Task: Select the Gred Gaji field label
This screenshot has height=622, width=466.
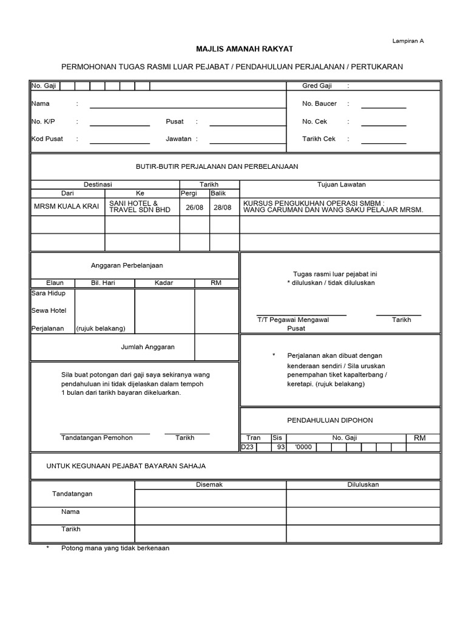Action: (317, 86)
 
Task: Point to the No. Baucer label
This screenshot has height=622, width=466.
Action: (319, 104)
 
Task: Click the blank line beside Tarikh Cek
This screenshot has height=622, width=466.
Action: (383, 142)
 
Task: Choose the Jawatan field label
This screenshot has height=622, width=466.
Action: (179, 139)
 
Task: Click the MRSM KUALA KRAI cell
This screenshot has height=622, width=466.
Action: (67, 207)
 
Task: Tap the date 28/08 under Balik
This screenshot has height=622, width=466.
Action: (223, 207)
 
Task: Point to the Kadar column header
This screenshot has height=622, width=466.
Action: (164, 283)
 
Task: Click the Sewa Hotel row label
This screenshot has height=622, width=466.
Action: (49, 310)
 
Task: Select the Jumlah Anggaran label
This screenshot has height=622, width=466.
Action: (148, 347)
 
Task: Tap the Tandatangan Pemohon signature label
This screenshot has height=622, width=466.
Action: (98, 437)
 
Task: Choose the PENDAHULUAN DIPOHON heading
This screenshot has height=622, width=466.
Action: (339, 420)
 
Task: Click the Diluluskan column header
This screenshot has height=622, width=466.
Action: (363, 485)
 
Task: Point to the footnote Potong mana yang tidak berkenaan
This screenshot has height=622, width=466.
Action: (115, 548)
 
